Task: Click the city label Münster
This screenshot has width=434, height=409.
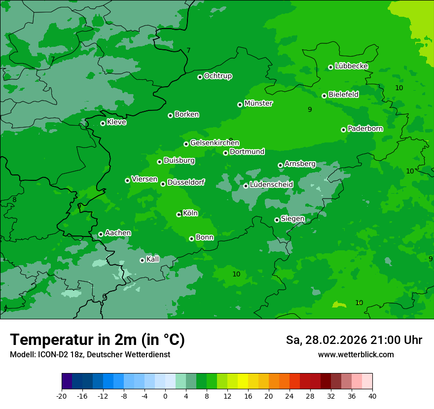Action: coord(258,103)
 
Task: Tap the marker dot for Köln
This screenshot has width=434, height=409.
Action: coord(179,214)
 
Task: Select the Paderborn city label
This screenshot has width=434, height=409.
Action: coord(365,129)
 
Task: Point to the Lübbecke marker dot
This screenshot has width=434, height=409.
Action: coord(330,67)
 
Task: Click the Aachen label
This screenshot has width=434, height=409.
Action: coord(118,233)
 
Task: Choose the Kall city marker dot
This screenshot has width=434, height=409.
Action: coord(142,260)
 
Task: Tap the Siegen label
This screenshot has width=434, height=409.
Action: coord(292,219)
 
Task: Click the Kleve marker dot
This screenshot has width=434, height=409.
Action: coord(103,123)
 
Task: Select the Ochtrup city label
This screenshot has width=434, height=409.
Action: coord(218,76)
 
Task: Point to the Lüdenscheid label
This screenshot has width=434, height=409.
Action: coord(271,185)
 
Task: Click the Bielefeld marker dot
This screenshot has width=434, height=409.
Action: coord(324,96)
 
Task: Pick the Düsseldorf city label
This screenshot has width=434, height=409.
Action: coord(186,182)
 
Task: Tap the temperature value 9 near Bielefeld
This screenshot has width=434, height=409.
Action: coord(310,109)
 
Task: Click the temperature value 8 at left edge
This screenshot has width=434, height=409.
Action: coord(14,200)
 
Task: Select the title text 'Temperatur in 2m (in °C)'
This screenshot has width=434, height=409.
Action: coord(97,340)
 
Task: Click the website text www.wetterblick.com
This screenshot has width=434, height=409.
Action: coord(356,355)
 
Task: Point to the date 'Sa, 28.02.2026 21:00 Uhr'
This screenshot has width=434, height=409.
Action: coord(354,340)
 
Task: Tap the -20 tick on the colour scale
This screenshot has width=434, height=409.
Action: coord(62,396)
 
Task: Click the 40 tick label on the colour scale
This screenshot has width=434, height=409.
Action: coord(372,396)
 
